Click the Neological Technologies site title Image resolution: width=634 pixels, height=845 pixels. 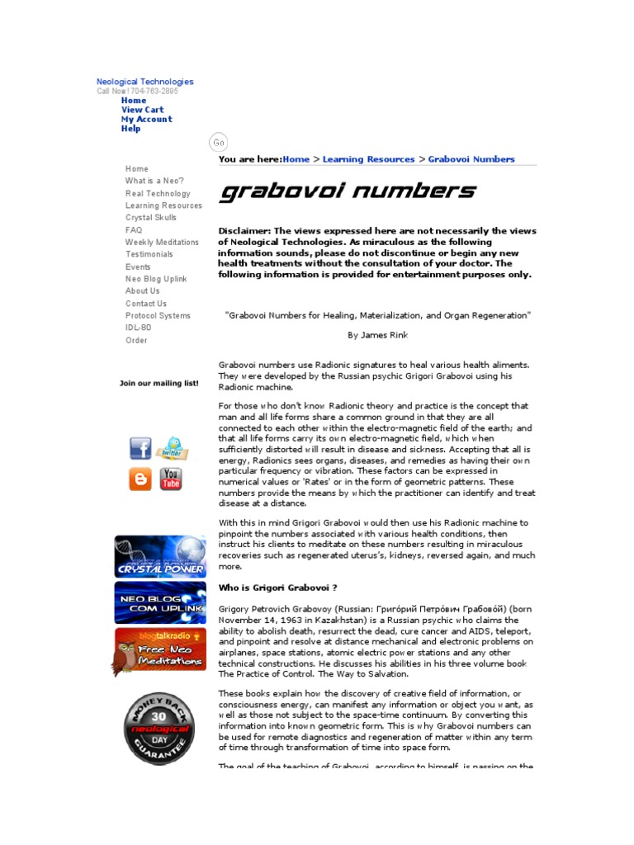(144, 82)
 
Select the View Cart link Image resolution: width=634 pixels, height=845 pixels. (143, 110)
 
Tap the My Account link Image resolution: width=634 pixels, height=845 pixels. (147, 119)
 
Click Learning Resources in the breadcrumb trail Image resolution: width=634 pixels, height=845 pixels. (368, 159)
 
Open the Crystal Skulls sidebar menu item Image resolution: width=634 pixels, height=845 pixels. (151, 218)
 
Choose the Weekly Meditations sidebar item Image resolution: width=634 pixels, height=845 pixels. (162, 243)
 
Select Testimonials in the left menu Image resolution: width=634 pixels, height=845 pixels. (149, 254)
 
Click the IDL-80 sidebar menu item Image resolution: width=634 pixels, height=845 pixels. (138, 328)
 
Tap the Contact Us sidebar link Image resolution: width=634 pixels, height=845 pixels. (146, 304)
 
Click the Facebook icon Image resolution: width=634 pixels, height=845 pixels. (140, 449)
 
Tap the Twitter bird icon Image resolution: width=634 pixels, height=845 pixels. (172, 448)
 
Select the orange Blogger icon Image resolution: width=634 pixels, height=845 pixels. (140, 479)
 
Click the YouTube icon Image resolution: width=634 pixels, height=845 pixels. (171, 479)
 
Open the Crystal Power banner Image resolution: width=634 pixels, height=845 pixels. (160, 557)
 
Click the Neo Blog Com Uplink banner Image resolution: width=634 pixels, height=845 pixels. (160, 602)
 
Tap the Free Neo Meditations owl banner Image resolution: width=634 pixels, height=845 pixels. (160, 650)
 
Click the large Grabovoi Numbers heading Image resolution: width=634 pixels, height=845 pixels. (348, 192)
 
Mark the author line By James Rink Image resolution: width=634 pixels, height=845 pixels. (377, 335)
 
